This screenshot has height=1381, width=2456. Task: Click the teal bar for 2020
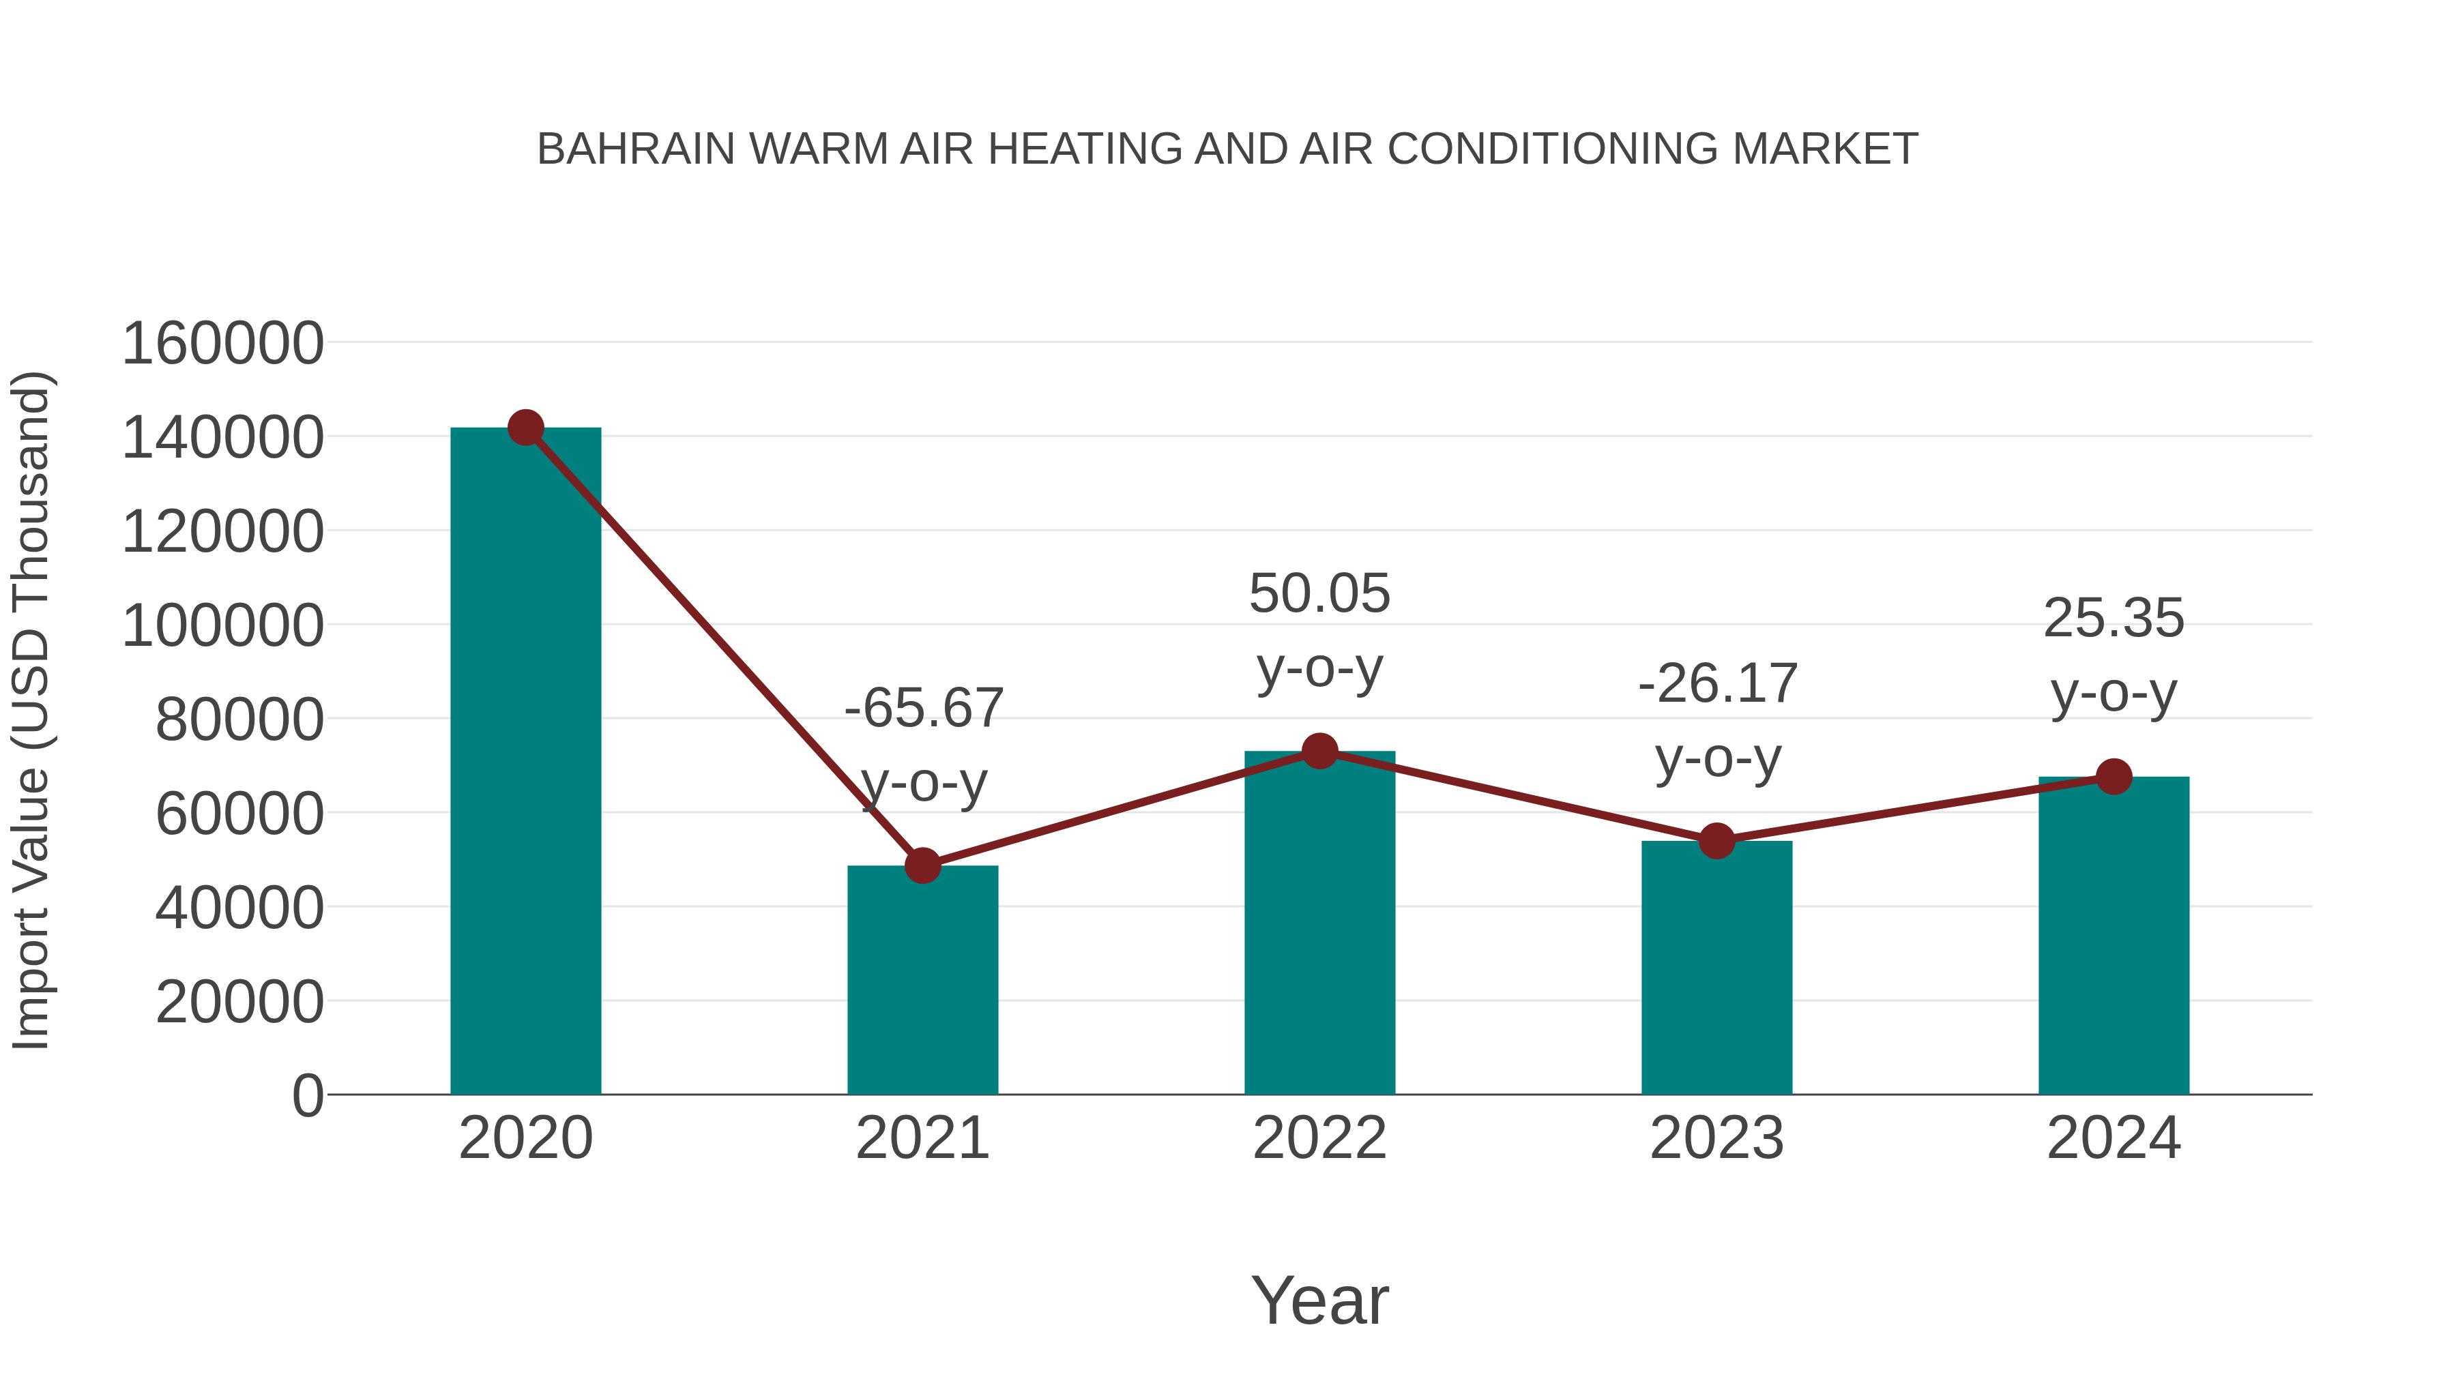(x=525, y=762)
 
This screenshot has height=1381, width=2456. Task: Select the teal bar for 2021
(x=922, y=981)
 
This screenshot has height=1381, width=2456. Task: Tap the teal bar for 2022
(x=1319, y=925)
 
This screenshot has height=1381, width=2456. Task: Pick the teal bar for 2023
(x=1716, y=967)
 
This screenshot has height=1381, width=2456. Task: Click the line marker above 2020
(x=525, y=428)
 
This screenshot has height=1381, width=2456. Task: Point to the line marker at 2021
(x=922, y=865)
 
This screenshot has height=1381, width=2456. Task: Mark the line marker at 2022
(x=1319, y=751)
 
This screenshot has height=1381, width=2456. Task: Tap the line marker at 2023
(x=1716, y=841)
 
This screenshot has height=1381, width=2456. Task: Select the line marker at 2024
(x=2114, y=777)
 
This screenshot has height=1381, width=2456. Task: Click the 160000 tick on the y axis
(x=223, y=343)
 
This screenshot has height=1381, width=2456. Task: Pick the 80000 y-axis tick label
(x=239, y=719)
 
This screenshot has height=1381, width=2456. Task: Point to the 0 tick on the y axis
(x=308, y=1095)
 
